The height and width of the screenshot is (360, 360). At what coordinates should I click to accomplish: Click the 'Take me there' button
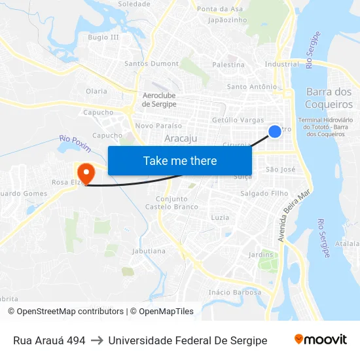180,160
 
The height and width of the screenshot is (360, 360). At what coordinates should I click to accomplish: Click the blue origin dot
275,132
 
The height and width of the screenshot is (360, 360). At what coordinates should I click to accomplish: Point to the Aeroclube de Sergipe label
159,100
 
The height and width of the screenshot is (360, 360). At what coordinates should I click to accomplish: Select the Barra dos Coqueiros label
329,98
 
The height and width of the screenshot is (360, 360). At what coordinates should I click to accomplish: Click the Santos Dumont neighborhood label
151,64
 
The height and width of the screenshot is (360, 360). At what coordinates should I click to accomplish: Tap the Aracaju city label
181,138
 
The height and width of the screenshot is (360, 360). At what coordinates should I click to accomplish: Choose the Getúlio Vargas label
238,120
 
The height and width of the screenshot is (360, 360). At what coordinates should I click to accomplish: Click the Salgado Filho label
264,194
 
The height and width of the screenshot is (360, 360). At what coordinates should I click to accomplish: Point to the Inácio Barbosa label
234,293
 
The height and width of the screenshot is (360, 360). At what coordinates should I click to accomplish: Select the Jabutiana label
149,251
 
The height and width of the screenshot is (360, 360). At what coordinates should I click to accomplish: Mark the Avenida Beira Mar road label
293,216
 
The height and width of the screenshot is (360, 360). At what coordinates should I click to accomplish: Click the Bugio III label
103,37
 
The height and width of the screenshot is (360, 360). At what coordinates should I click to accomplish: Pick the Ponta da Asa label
220,9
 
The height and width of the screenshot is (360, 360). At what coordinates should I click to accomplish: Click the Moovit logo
321,340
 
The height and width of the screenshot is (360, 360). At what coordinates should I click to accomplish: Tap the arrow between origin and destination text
97,340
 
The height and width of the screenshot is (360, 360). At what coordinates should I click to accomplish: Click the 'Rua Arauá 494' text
49,340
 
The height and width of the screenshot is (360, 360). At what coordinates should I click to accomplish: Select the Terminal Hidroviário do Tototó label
325,127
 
